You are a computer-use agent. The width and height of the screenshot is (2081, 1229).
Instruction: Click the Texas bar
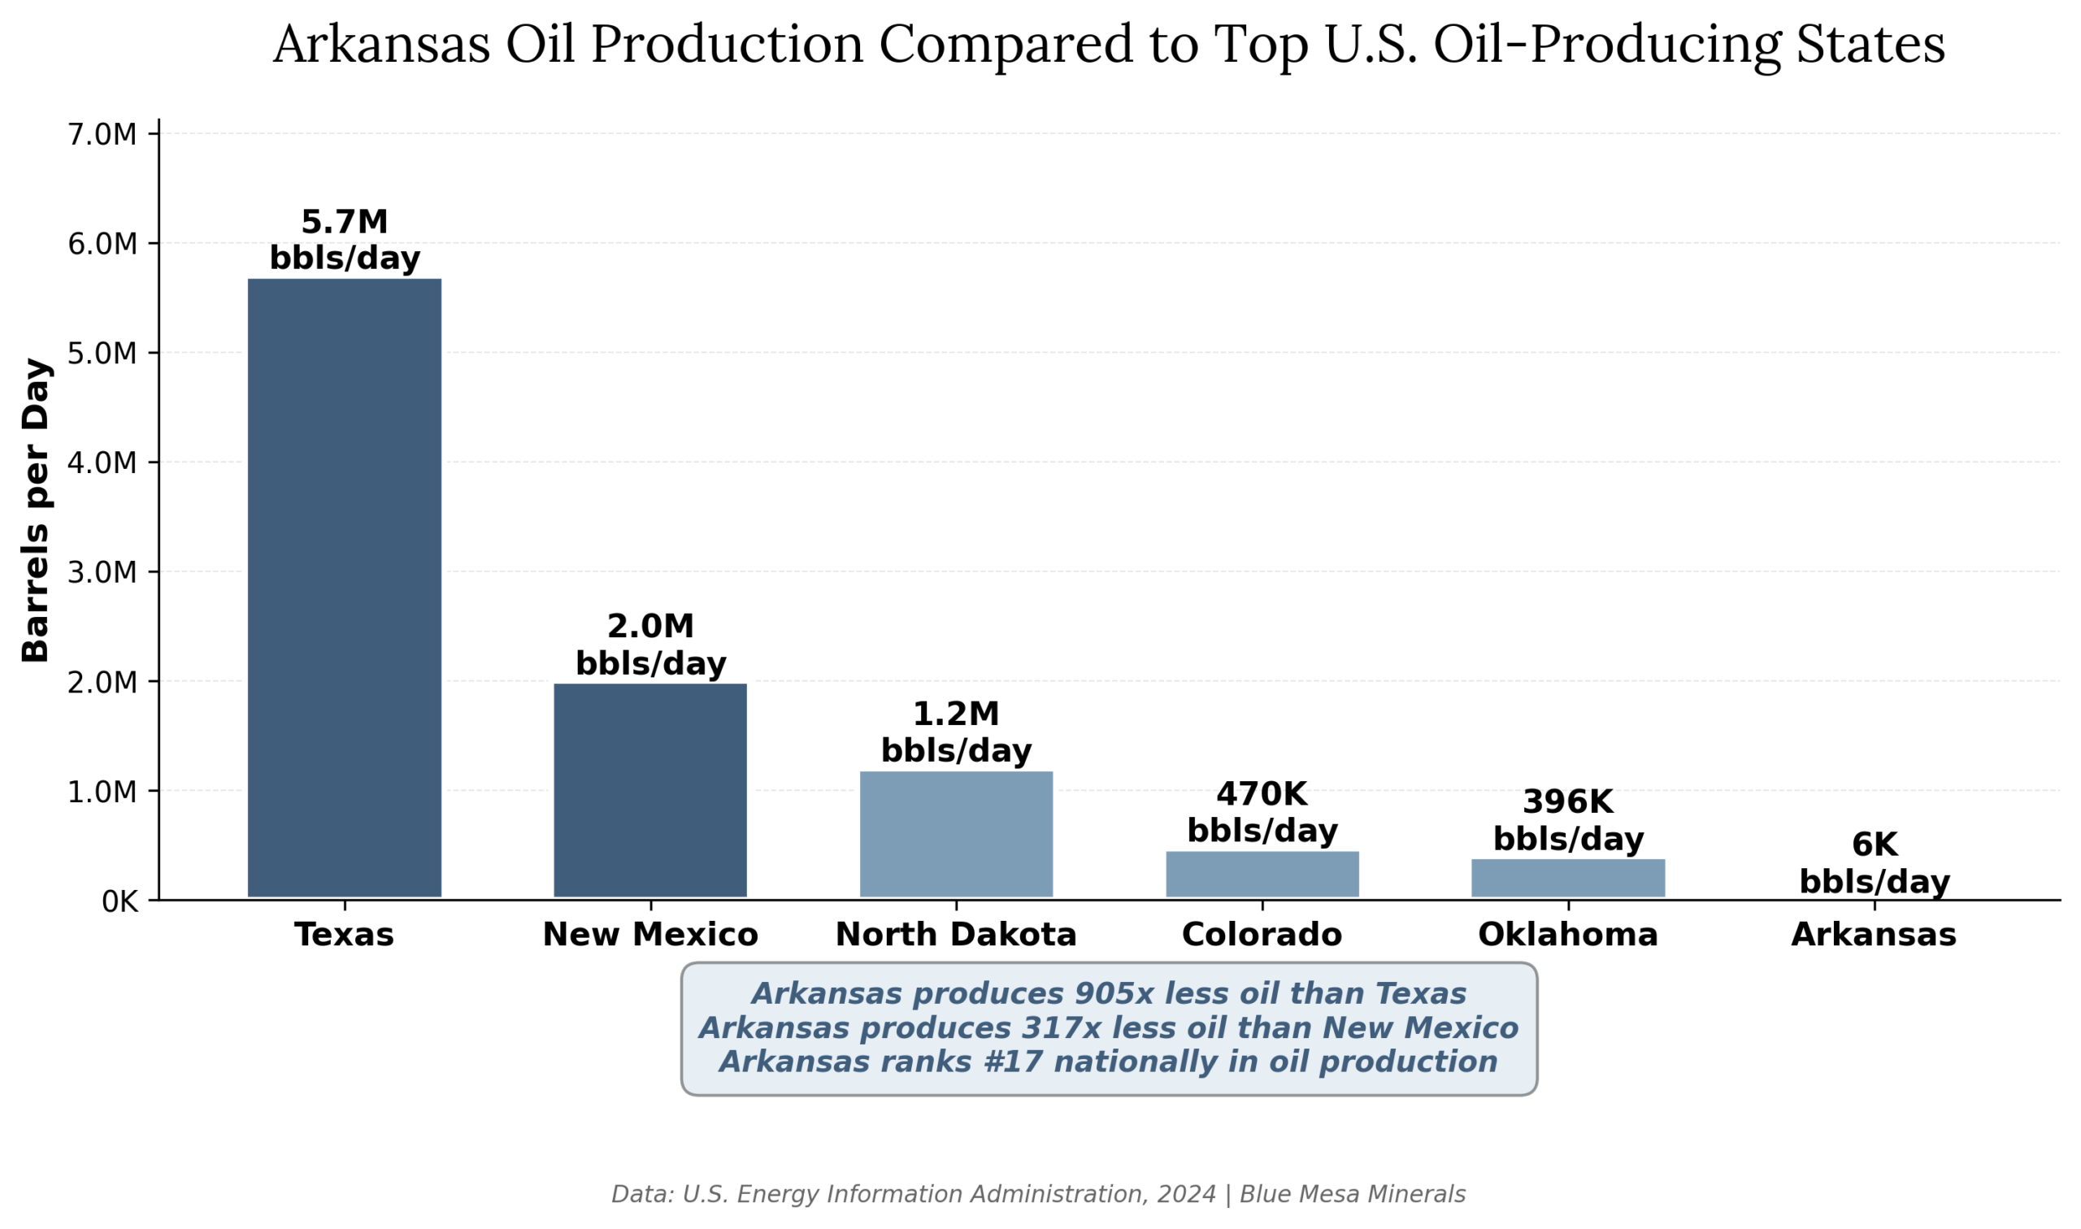tap(345, 587)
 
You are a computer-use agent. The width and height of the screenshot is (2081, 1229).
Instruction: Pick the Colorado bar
tap(1262, 874)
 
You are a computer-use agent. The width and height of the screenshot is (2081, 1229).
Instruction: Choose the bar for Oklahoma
tap(1567, 878)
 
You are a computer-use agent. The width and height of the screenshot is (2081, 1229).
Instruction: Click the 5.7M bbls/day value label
tap(345, 240)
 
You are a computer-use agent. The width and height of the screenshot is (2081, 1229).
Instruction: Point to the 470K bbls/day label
tap(1262, 813)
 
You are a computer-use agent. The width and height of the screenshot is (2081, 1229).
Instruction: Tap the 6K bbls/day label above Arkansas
tap(1874, 863)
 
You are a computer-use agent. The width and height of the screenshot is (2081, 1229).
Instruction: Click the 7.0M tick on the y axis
tap(102, 134)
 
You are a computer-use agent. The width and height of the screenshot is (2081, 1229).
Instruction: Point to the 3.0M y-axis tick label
tap(102, 572)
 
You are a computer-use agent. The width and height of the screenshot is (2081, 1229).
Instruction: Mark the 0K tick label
tap(119, 902)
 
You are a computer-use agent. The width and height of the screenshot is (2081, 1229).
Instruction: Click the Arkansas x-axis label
tap(1874, 935)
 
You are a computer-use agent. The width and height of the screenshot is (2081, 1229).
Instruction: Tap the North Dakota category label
tap(956, 935)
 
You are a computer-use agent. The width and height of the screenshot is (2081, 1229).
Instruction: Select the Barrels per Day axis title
tap(36, 510)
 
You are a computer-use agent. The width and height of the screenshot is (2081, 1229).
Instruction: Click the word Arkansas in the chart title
tap(381, 45)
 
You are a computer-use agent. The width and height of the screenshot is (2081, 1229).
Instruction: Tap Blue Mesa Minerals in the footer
tap(1353, 1194)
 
